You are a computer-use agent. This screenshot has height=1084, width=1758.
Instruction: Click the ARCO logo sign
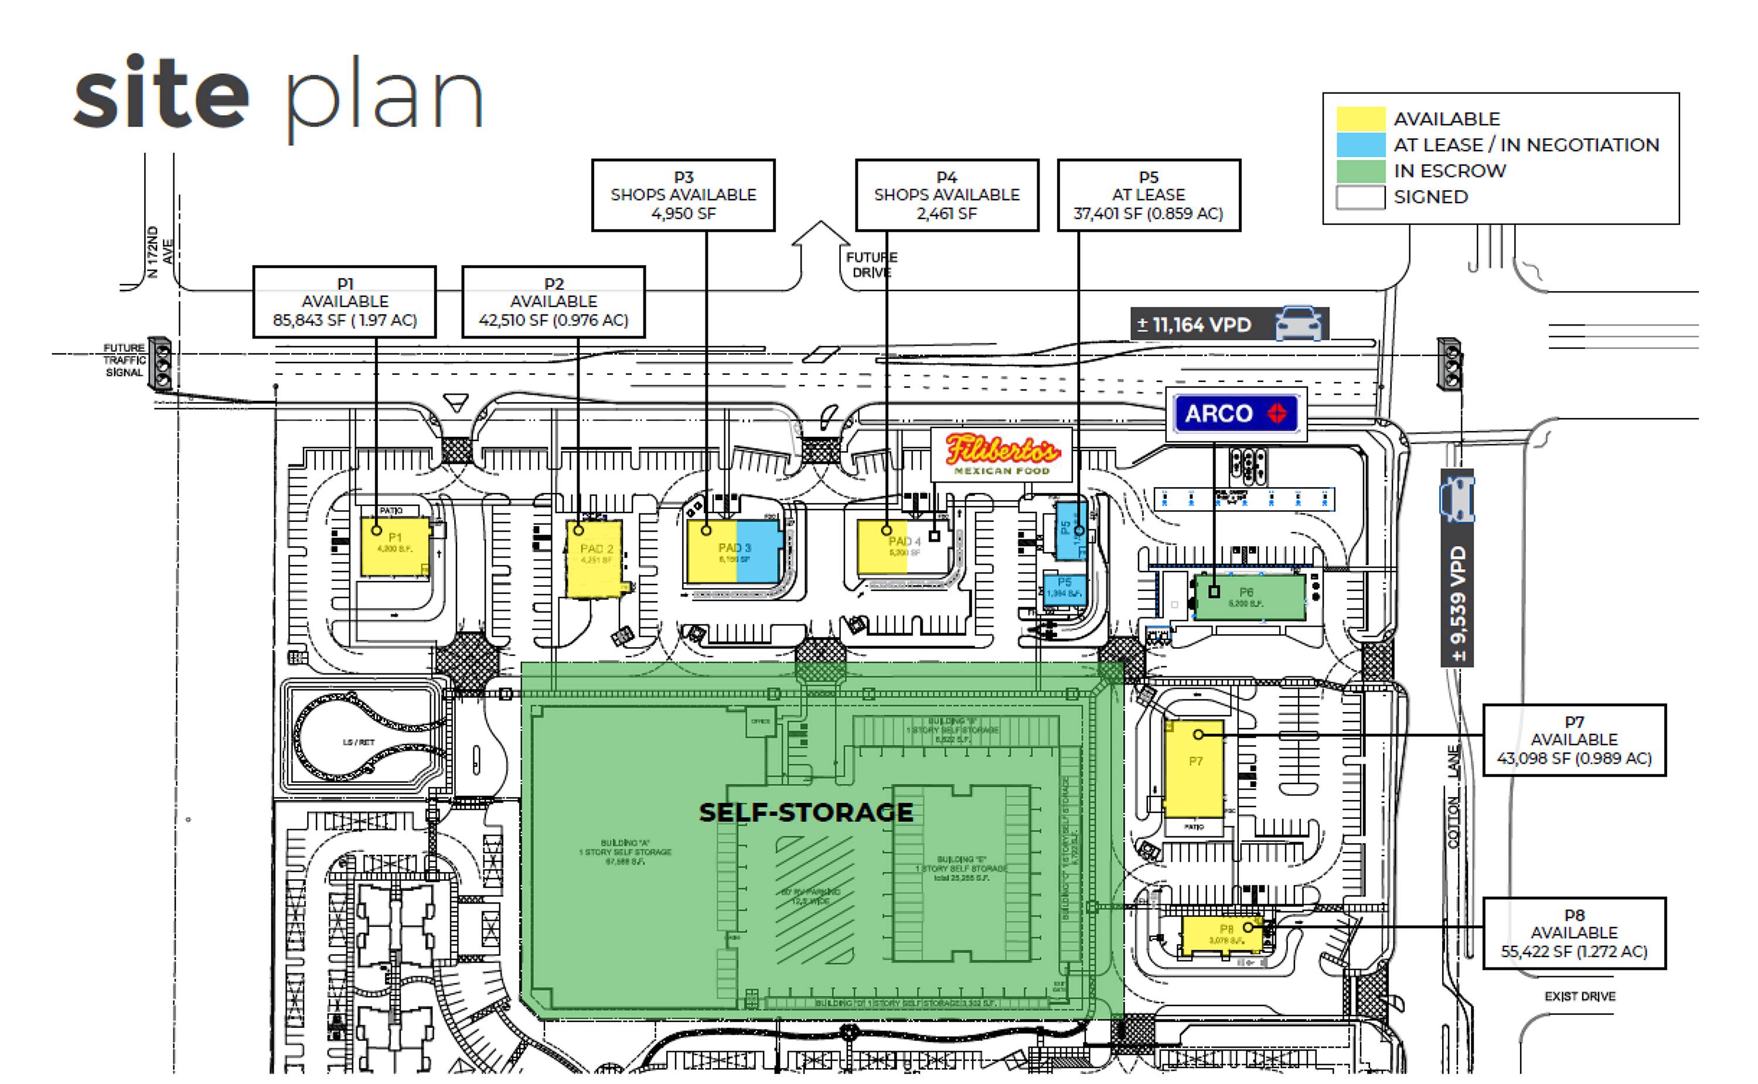pyautogui.click(x=1236, y=413)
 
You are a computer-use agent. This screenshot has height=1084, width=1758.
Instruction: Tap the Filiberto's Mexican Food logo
pyautogui.click(x=1001, y=454)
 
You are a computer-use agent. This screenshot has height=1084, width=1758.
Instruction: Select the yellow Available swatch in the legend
pyautogui.click(x=1360, y=119)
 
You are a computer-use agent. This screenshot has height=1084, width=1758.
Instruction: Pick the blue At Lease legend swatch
pyautogui.click(x=1360, y=145)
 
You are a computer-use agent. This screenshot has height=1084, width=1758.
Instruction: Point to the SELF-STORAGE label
pyautogui.click(x=806, y=812)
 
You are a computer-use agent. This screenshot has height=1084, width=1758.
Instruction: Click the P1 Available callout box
pyautogui.click(x=345, y=302)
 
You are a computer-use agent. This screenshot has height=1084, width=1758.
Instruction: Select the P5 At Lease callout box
pyautogui.click(x=1149, y=195)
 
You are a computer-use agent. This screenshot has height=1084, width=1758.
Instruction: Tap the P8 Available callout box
pyautogui.click(x=1573, y=933)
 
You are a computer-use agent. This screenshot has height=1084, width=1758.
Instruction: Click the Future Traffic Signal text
pyautogui.click(x=124, y=360)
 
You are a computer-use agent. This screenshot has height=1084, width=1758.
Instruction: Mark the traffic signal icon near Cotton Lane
pyautogui.click(x=1449, y=364)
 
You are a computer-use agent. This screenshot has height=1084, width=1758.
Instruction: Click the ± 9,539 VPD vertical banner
pyautogui.click(x=1457, y=568)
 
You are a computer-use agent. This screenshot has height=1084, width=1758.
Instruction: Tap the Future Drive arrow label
pyautogui.click(x=871, y=265)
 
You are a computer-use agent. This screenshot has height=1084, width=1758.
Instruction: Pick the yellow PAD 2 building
pyautogui.click(x=594, y=560)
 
